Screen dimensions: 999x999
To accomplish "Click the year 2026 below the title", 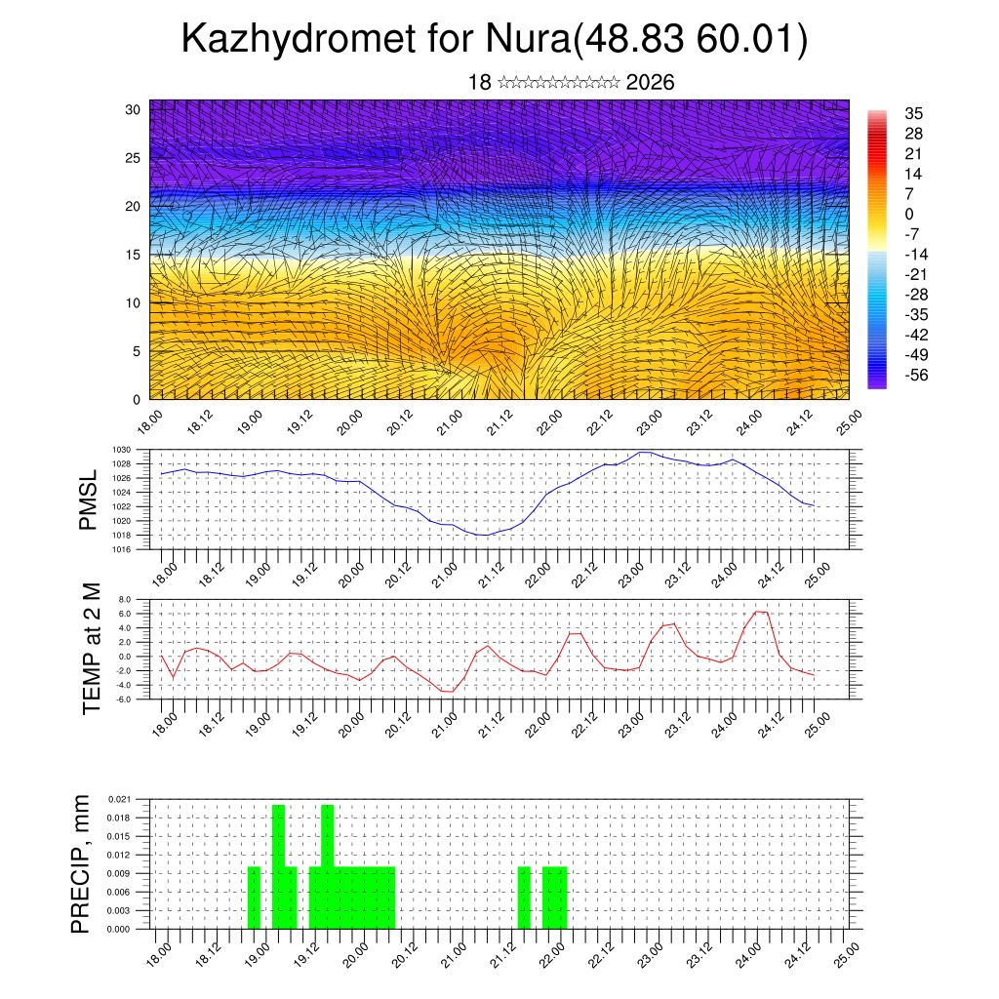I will click(x=650, y=83).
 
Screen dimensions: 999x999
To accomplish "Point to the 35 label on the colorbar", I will click(x=915, y=113).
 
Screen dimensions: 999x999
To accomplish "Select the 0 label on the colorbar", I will click(x=910, y=214).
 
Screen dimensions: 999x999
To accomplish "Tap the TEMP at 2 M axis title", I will click(x=92, y=648).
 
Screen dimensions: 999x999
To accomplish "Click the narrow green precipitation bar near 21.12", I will click(x=524, y=897).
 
